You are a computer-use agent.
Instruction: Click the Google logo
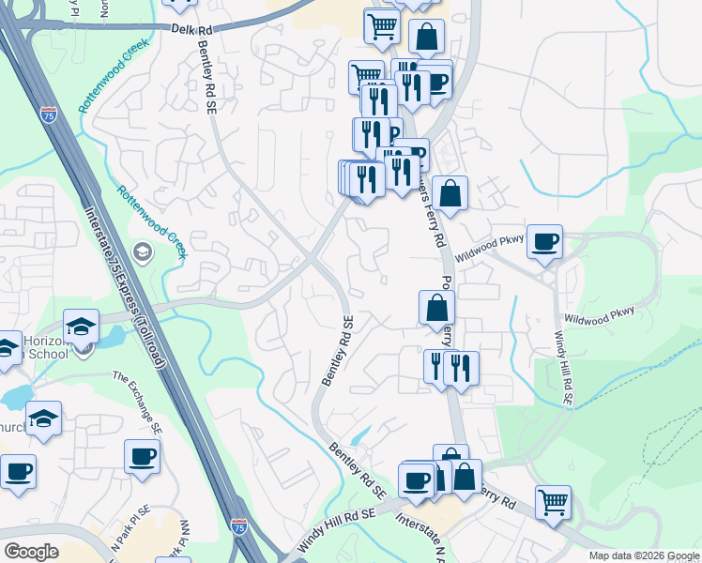tap(31, 551)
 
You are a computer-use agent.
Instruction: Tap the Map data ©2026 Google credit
tap(644, 555)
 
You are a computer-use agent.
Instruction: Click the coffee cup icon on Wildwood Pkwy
tap(544, 243)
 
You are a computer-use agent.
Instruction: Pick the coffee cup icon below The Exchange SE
tap(142, 456)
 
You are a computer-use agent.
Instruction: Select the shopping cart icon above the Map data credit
tap(554, 502)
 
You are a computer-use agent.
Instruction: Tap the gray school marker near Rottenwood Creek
tap(143, 251)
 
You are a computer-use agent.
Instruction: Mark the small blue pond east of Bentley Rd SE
tap(359, 436)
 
